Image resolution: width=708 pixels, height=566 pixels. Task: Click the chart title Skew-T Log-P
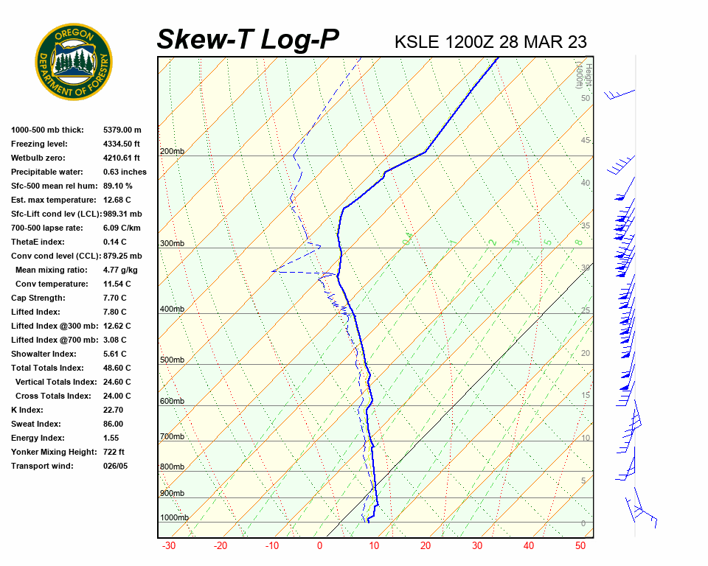[x=248, y=40]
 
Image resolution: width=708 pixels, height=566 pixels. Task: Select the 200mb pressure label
[x=172, y=152]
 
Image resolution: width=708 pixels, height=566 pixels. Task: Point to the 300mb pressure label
[x=172, y=244]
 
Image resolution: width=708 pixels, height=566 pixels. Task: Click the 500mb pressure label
[x=172, y=360]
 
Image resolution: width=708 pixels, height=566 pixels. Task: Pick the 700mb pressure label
[x=172, y=437]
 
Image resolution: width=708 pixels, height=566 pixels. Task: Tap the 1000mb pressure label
[x=174, y=518]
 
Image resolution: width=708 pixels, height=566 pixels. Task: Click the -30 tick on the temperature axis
[x=169, y=546]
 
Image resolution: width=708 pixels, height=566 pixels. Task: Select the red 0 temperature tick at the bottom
[x=320, y=546]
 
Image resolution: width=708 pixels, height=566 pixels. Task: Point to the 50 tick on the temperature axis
[x=580, y=546]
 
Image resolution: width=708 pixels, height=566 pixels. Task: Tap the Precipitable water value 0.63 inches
[x=125, y=172]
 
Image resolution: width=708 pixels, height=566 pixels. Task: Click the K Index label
[x=29, y=410]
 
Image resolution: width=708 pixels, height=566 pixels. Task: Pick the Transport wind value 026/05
[x=115, y=466]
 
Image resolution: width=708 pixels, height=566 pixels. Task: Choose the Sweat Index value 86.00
[x=113, y=424]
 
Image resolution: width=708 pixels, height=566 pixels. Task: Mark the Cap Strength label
[x=38, y=298]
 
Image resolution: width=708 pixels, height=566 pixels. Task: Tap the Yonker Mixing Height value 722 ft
[x=114, y=452]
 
